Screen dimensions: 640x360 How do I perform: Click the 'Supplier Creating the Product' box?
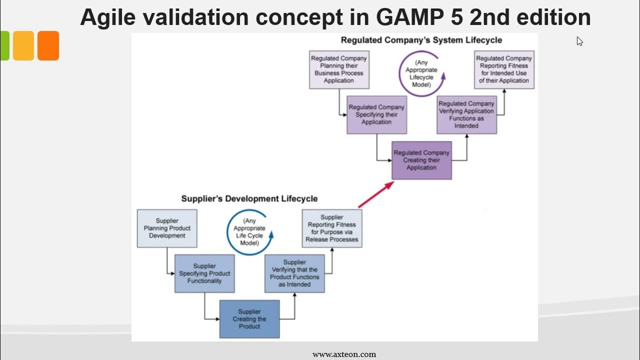[249, 319]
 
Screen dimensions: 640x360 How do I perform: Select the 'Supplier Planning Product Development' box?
[167, 228]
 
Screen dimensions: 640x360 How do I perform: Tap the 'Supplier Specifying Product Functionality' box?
[204, 273]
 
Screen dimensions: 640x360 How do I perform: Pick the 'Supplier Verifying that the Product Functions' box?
[294, 273]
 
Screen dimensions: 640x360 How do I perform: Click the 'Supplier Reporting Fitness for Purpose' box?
[332, 228]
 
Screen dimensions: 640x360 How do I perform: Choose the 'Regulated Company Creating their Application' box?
[421, 160]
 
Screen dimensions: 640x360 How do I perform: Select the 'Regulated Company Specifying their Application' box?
[377, 115]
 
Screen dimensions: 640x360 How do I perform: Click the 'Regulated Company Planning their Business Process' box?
[339, 69]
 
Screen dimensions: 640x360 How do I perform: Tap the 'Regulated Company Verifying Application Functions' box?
[467, 115]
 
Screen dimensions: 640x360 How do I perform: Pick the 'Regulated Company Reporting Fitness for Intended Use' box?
[504, 69]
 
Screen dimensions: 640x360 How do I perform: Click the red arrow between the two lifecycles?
[376, 194]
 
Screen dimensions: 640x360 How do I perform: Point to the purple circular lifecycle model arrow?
[399, 73]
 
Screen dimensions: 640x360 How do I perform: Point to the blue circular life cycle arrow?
[227, 232]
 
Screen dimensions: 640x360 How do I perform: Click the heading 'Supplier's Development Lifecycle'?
[249, 198]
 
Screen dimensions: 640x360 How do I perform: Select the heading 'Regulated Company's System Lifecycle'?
[421, 40]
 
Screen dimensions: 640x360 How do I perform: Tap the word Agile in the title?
[107, 17]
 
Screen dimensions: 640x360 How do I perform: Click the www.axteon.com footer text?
[344, 354]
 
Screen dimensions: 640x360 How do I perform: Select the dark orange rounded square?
[48, 45]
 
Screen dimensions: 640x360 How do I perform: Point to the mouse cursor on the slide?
[579, 41]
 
